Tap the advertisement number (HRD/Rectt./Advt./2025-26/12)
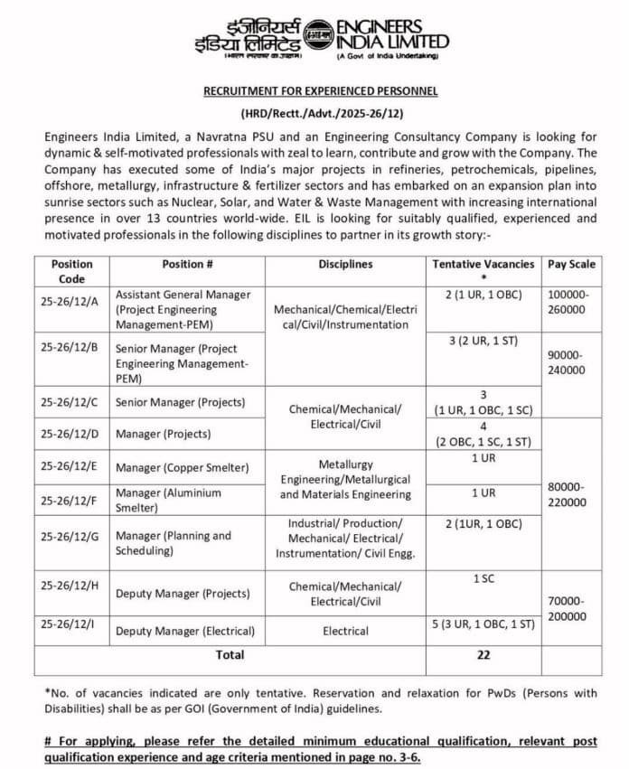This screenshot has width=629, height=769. point(320,116)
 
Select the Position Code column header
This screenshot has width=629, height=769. point(72,271)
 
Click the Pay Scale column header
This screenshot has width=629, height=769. point(570,264)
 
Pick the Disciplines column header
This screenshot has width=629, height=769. point(345,264)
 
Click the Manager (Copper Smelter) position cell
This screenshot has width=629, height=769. point(182,467)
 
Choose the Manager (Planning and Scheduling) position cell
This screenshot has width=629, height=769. point(174,542)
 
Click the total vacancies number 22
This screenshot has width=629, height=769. point(483,655)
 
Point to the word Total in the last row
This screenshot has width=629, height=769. point(229,655)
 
